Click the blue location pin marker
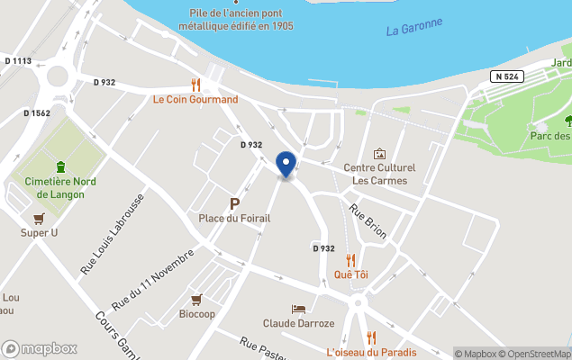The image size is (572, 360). (286, 165)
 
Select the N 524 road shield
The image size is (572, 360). (507, 77)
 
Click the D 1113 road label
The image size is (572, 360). (18, 61)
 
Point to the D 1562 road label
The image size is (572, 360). (35, 112)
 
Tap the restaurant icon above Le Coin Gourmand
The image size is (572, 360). (195, 85)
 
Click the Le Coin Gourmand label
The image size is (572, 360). (195, 99)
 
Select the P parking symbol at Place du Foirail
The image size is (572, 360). (234, 203)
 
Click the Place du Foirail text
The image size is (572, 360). (234, 219)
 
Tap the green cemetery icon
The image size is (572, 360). (60, 166)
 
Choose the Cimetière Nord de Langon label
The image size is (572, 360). (54, 188)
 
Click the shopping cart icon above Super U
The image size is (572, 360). (38, 219)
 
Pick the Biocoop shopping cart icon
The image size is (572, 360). (196, 300)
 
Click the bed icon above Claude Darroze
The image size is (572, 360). (298, 309)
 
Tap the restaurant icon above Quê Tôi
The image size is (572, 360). (350, 260)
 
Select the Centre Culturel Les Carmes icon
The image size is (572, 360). (379, 154)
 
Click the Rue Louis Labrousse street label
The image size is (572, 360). (112, 235)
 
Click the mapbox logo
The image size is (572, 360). (40, 348)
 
